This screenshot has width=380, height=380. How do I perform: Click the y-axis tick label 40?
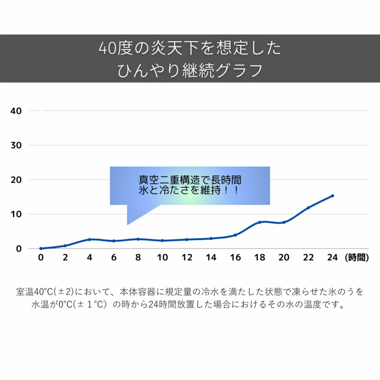click(x=16, y=111)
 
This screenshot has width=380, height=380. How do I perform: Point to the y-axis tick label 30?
click(x=16, y=145)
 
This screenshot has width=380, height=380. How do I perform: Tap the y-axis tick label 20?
click(x=16, y=180)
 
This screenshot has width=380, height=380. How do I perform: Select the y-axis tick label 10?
click(x=16, y=214)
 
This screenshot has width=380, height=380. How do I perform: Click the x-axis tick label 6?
click(x=114, y=257)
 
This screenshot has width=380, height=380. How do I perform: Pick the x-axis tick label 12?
click(x=187, y=257)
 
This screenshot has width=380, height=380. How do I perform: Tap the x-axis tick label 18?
click(x=260, y=257)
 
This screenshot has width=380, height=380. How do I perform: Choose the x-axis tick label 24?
click(x=332, y=257)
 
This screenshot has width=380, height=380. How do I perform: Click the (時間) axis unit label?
click(x=357, y=257)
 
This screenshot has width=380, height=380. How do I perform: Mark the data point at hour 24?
click(x=332, y=196)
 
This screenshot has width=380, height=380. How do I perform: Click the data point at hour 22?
click(x=308, y=208)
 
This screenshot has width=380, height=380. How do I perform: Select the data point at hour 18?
click(x=260, y=222)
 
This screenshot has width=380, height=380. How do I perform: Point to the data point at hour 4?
click(x=90, y=239)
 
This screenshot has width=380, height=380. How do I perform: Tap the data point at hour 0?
click(x=41, y=249)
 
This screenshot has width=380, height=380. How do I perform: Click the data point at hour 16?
click(x=235, y=235)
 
